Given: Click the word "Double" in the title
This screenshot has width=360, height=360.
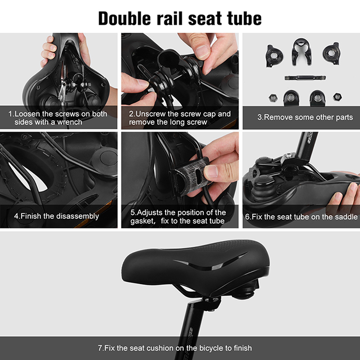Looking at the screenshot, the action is [125, 18].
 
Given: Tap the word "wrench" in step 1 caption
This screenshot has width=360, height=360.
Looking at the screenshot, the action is [70, 122].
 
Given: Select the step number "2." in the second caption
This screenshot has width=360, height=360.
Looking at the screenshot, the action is [132, 114].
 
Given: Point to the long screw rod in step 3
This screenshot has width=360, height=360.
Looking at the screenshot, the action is [305, 78].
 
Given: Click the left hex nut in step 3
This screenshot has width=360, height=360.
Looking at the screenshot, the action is [273, 98].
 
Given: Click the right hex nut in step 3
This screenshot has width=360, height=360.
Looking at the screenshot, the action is [337, 97].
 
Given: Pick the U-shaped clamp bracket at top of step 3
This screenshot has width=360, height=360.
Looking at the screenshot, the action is [301, 52].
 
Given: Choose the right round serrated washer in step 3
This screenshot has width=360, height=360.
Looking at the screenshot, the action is [331, 53].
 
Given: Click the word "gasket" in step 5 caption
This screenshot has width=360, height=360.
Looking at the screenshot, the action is [142, 221].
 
